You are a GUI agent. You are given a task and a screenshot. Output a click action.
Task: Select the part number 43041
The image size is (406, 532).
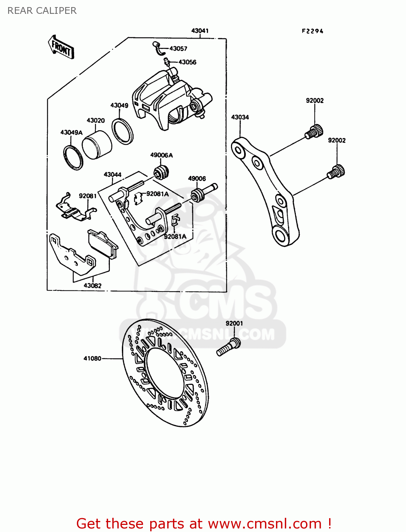point(200,31)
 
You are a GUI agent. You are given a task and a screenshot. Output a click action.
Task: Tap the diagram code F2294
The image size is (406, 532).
point(312,31)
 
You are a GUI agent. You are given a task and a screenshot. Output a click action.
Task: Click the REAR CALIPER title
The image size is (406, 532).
point(42,11)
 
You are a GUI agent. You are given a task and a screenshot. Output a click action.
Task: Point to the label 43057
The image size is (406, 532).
point(178,49)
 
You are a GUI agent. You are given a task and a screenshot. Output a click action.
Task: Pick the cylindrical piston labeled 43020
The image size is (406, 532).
point(97,145)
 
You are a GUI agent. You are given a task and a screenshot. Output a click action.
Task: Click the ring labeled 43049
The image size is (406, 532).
point(123,132)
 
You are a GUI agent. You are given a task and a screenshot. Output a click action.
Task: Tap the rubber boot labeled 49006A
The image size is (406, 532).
point(162,172)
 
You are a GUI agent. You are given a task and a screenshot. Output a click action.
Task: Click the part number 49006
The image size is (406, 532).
point(197,178)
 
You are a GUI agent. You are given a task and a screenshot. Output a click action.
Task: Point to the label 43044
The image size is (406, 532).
point(113,174)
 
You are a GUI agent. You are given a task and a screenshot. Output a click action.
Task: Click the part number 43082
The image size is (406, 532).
point(92,286)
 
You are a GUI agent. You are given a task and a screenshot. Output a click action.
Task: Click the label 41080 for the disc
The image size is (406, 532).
point(92,358)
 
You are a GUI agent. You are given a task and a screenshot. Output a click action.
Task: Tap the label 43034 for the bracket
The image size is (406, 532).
point(240,117)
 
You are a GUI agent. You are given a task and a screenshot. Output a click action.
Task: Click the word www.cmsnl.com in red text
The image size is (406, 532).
point(265,523)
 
